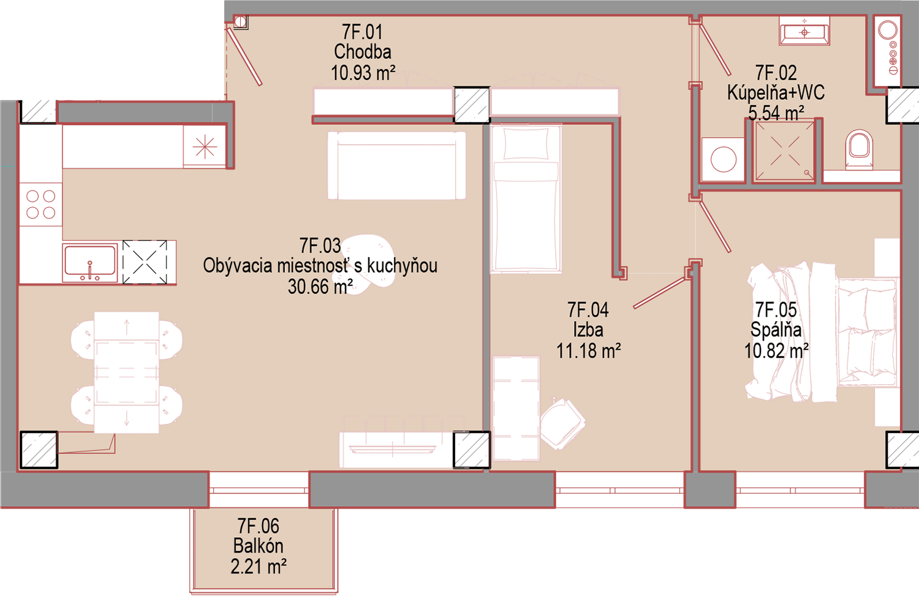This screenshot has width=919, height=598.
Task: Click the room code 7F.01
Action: [362, 32]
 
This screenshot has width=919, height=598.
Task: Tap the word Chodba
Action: [362, 51]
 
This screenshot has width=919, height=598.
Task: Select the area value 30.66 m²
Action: [320, 287]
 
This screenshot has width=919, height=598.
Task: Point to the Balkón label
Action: [258, 546]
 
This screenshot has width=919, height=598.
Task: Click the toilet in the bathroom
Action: [859, 149]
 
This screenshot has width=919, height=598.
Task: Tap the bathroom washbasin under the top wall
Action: [804, 31]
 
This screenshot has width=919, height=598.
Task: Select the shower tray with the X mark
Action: [784, 151]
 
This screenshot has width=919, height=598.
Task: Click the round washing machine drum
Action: [724, 159]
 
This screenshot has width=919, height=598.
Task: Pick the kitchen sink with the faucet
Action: [90, 263]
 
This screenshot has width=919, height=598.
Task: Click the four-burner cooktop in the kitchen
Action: [40, 205]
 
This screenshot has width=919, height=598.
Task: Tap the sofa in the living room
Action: [396, 165]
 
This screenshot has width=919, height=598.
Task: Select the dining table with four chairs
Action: [126, 373]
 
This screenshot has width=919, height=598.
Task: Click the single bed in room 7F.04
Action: [526, 199]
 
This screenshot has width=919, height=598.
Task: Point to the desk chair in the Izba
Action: [562, 423]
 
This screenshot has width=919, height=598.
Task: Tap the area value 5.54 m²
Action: [776, 113]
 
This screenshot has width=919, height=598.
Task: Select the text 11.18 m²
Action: [588, 351]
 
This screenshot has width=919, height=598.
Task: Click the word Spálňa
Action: [776, 330]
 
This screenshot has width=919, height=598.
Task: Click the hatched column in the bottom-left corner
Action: [39, 450]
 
